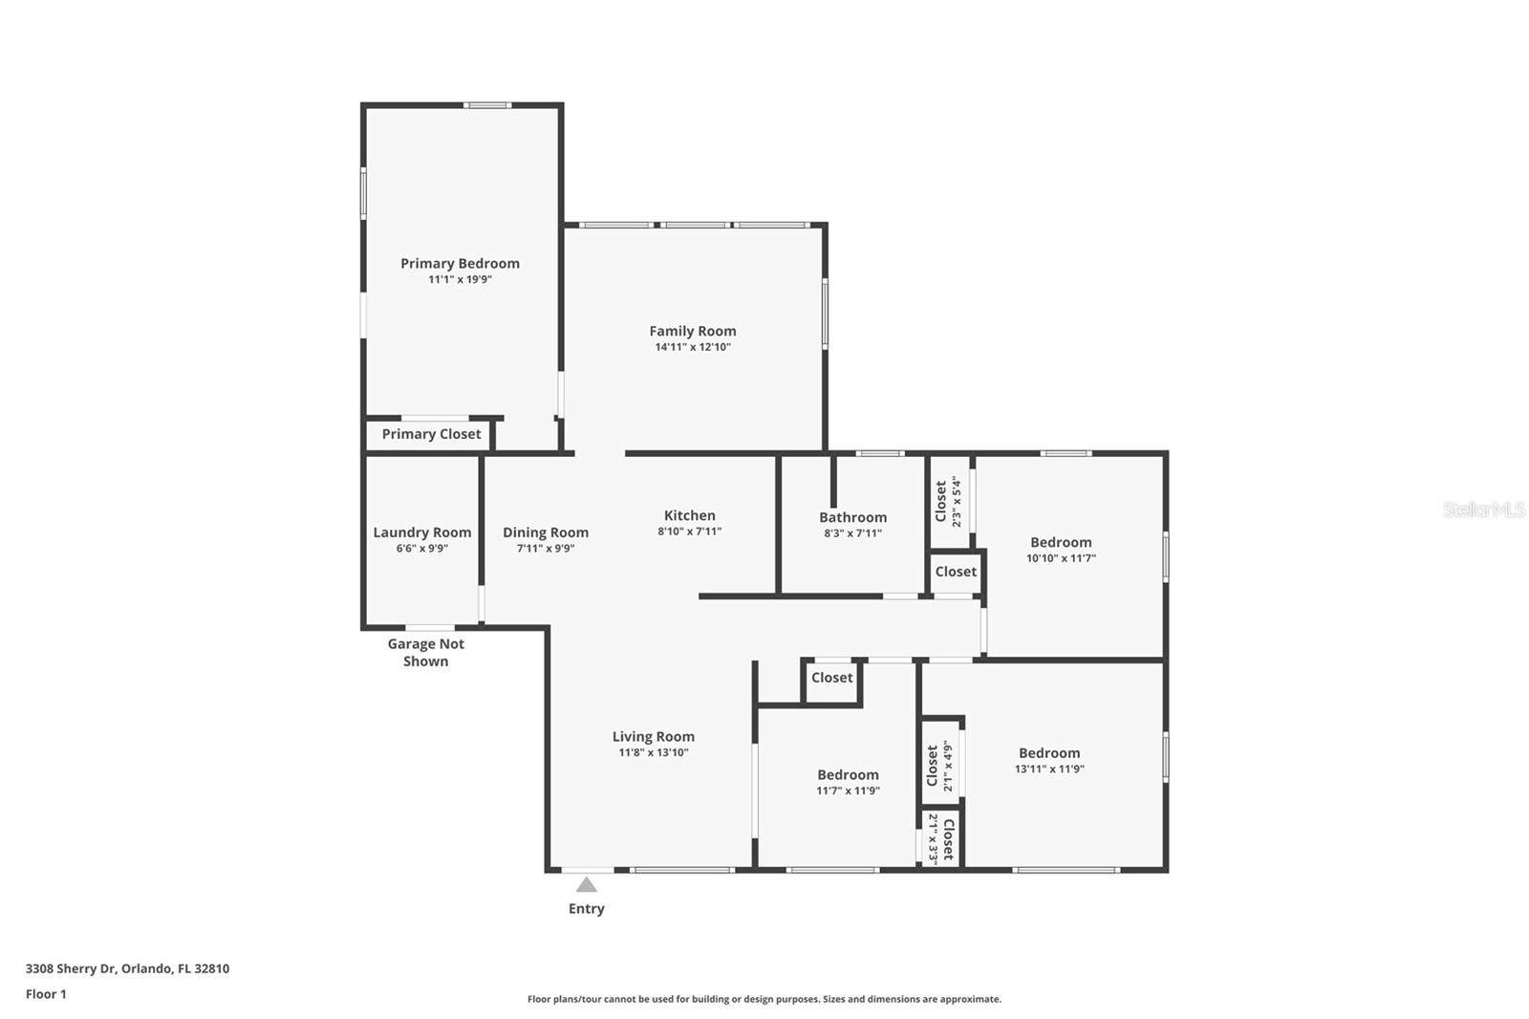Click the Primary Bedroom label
[x=460, y=264]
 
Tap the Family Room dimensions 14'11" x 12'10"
[x=693, y=347]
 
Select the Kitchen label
[x=689, y=515]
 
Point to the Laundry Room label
[x=421, y=532]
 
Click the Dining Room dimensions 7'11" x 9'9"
[x=546, y=549]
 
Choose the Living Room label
[x=654, y=737]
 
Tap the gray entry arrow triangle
[x=587, y=885]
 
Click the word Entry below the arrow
[x=587, y=908]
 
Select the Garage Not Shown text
[x=426, y=652]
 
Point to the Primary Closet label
[x=431, y=434]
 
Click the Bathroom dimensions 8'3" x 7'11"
[x=852, y=533]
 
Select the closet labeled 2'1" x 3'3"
[x=940, y=839]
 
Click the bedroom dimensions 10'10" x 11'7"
[x=1061, y=558]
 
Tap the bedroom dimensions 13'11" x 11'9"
[x=1049, y=770]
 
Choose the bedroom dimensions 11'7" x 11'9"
[x=848, y=791]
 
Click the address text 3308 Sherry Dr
[x=71, y=968]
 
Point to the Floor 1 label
[x=46, y=994]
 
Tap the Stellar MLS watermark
[x=1484, y=509]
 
